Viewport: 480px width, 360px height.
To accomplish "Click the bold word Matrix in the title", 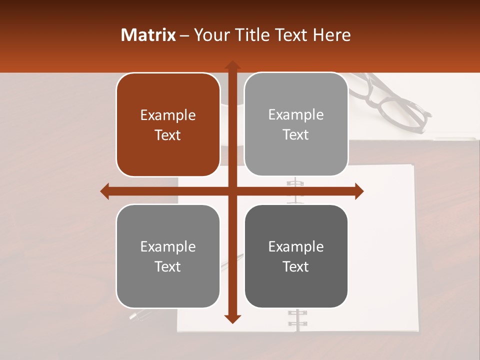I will pos(148,35).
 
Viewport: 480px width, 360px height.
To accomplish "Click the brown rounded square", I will pos(168,125).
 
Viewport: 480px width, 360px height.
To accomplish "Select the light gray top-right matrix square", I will pos(296,124).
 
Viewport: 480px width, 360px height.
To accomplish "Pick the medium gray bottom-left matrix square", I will pos(168,256).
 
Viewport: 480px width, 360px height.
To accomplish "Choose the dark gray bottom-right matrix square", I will pos(296,256).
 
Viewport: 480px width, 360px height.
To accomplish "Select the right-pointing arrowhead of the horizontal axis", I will pos(359,191).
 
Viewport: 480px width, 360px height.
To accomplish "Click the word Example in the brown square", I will pos(168,115).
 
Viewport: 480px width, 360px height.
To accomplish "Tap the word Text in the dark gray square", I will pos(296,266).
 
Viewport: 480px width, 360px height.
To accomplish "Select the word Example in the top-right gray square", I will pos(296,115).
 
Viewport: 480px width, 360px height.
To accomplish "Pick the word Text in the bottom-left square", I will pos(168,266).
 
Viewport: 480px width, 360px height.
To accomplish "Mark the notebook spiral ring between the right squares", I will pos(295,190).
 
